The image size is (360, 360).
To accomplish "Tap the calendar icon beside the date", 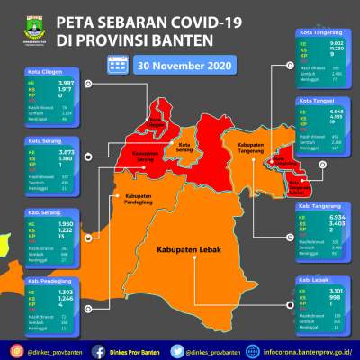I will click(x=117, y=64).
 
